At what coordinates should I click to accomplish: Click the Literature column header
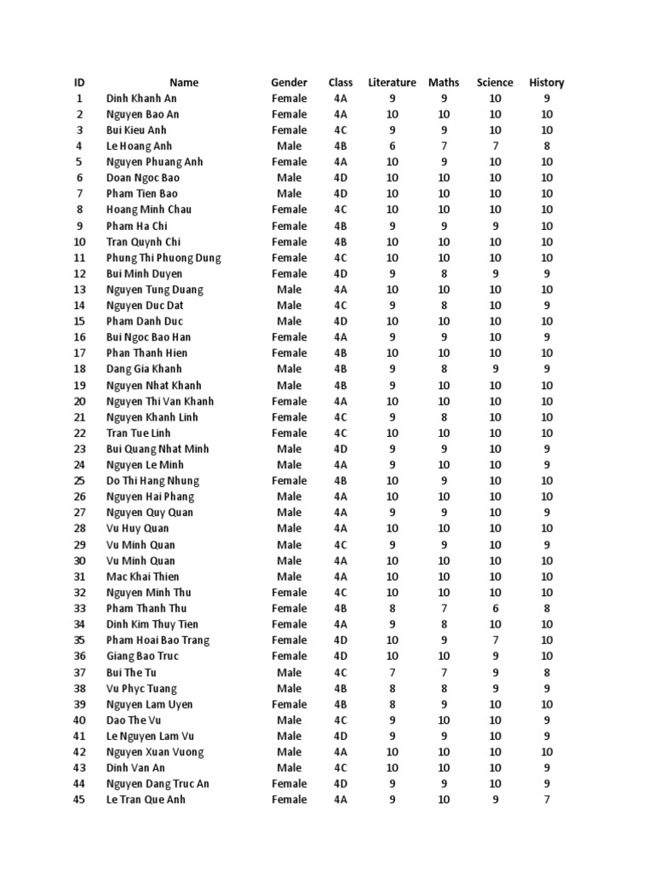[392, 83]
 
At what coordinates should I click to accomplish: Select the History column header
[547, 83]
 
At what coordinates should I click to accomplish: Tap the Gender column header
[290, 83]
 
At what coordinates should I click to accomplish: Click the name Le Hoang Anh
[139, 146]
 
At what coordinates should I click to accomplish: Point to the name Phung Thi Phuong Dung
[163, 258]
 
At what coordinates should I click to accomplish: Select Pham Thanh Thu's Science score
[495, 609]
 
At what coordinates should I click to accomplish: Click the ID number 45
[80, 800]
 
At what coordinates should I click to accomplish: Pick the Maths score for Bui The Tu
[444, 673]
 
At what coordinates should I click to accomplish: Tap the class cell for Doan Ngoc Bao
[341, 178]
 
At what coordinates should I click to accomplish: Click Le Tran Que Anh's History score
[547, 800]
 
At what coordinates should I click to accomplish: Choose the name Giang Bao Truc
[144, 657]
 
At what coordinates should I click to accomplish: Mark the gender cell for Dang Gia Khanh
[290, 370]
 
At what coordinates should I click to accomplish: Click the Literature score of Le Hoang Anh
[392, 146]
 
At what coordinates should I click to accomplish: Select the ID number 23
[80, 449]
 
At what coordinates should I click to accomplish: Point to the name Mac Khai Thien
[143, 577]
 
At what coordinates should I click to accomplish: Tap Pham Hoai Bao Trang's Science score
[495, 640]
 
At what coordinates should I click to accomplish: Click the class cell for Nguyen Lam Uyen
[341, 704]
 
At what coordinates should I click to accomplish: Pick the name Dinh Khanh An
[141, 99]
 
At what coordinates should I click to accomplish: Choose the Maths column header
[444, 83]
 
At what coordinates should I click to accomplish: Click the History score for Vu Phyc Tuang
[547, 689]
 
